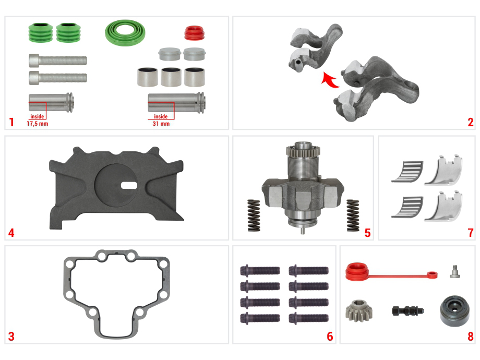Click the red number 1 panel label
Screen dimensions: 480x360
pyautogui.click(x=11, y=122)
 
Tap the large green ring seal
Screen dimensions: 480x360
pyautogui.click(x=125, y=33)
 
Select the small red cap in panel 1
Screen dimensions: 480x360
pyautogui.click(x=194, y=33)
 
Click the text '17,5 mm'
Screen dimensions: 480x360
pyautogui.click(x=38, y=124)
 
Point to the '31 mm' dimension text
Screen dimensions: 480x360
pyautogui.click(x=161, y=124)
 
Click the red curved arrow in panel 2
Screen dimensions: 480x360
pyautogui.click(x=330, y=80)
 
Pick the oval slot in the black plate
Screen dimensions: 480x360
pyautogui.click(x=129, y=185)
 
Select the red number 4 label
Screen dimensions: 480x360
pyautogui.click(x=11, y=233)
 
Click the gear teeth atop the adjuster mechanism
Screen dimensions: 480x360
pyautogui.click(x=303, y=150)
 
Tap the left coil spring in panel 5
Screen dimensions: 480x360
pyautogui.click(x=254, y=215)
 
